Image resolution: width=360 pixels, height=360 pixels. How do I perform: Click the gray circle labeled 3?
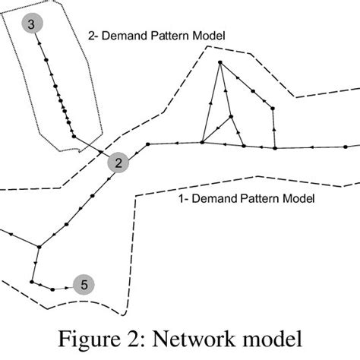pos(30,25)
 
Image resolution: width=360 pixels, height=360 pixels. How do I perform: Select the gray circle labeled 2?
pos(118,163)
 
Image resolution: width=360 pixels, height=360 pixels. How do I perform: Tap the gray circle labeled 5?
pos(84,285)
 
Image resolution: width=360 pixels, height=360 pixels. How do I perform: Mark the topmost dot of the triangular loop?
pos(219,62)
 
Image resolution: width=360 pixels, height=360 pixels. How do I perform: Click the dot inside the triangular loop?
pos(231,116)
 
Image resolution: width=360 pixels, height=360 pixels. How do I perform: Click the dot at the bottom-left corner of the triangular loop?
pos(202,142)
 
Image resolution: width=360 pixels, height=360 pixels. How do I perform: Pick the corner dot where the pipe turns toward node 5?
pos(31,282)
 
